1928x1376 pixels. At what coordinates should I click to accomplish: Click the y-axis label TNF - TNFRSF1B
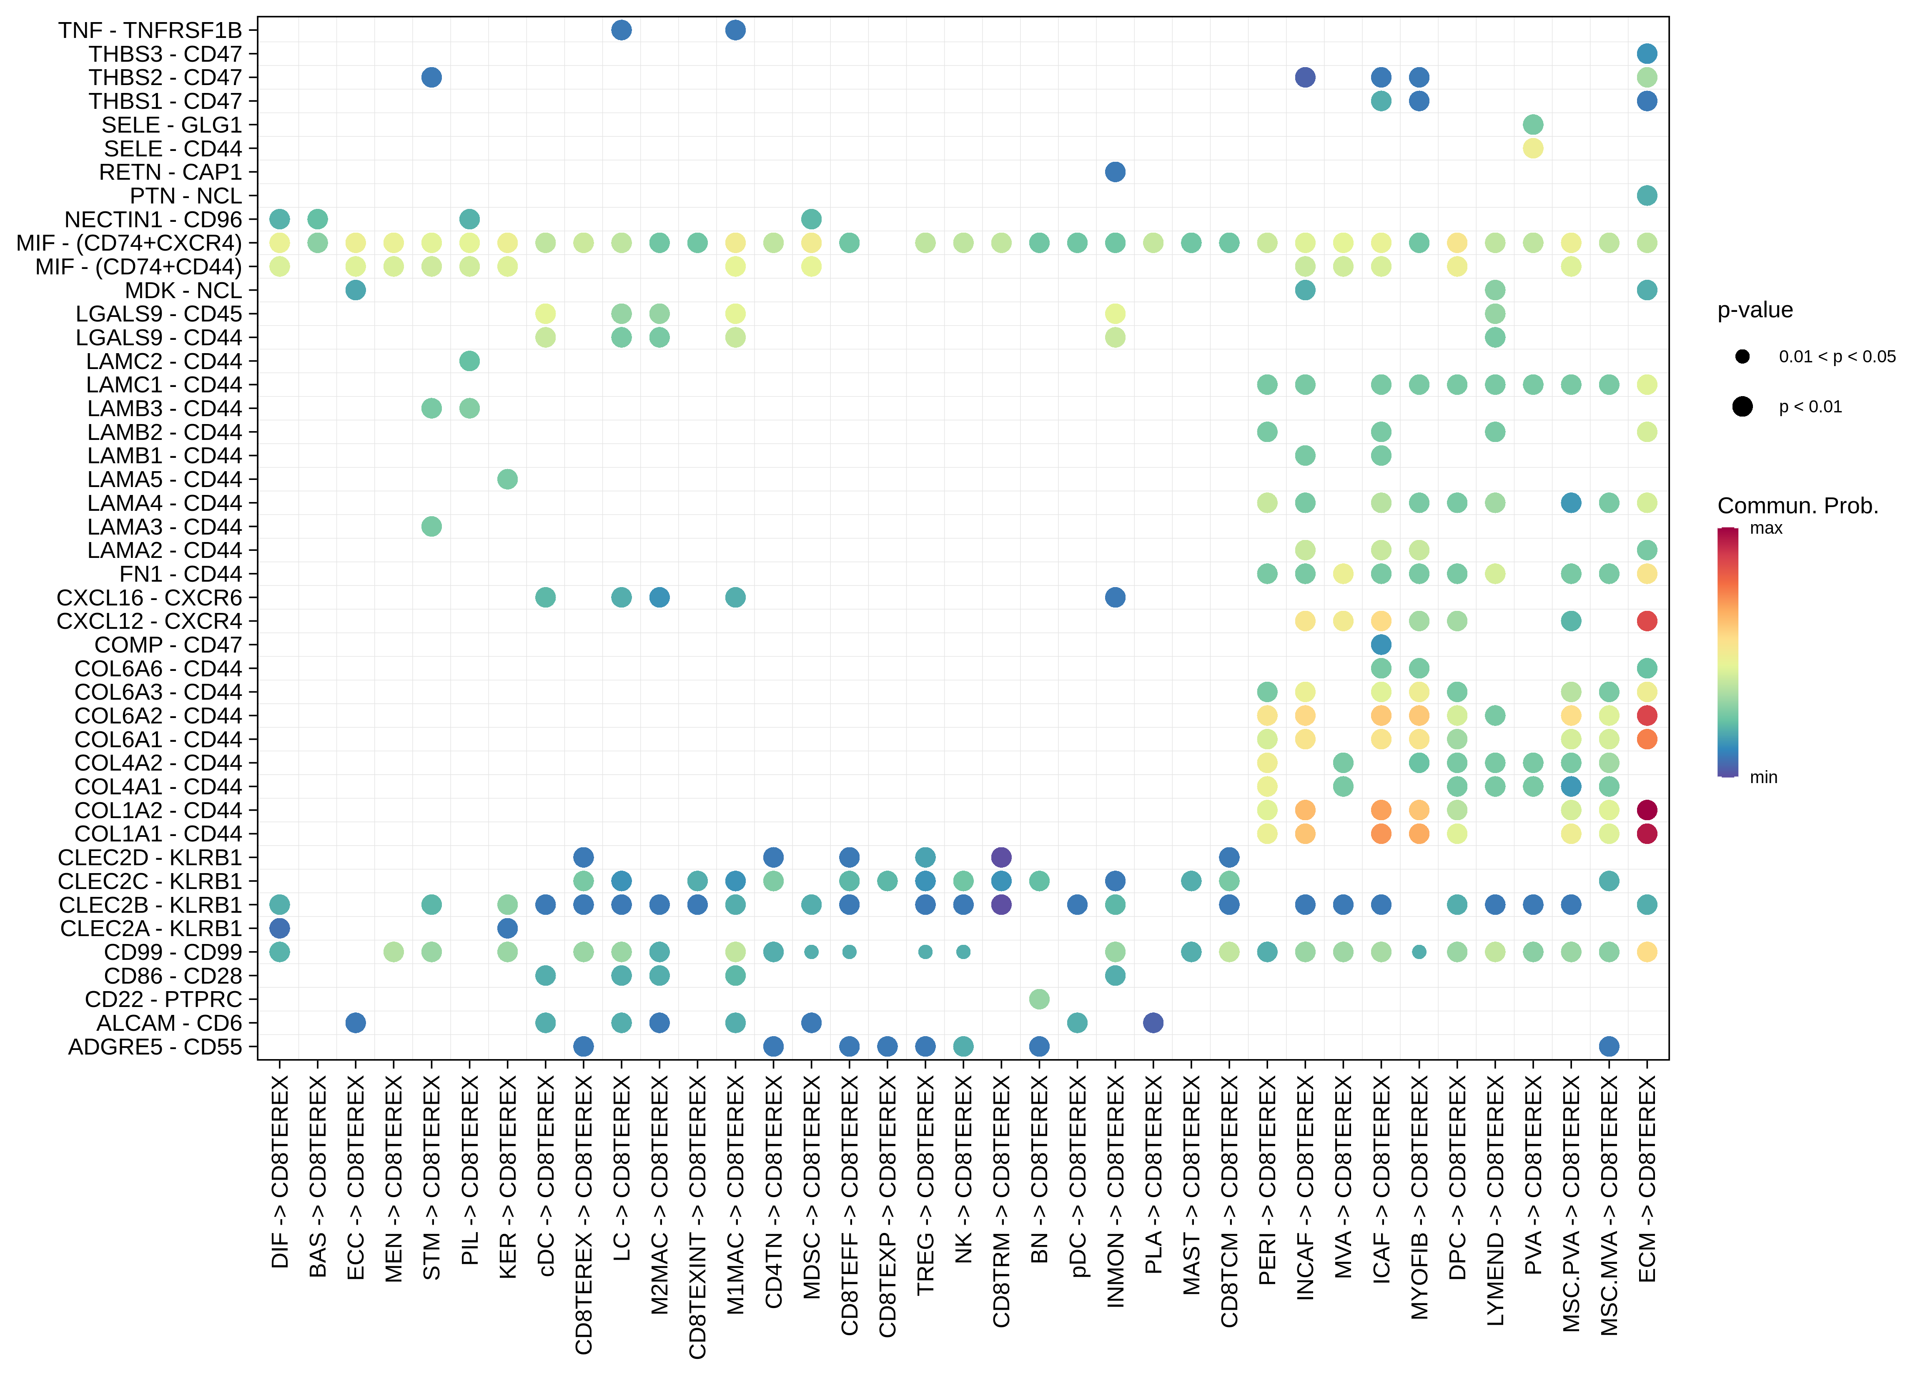pos(150,30)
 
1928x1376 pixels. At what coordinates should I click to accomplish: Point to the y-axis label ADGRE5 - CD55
pos(155,1047)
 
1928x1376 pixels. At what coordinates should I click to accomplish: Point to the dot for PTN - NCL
pos(1647,196)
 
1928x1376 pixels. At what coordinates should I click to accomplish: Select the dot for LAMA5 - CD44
pos(507,480)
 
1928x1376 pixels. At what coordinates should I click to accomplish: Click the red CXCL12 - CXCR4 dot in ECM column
pos(1647,621)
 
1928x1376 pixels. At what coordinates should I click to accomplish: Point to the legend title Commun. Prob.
pos(1798,506)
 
